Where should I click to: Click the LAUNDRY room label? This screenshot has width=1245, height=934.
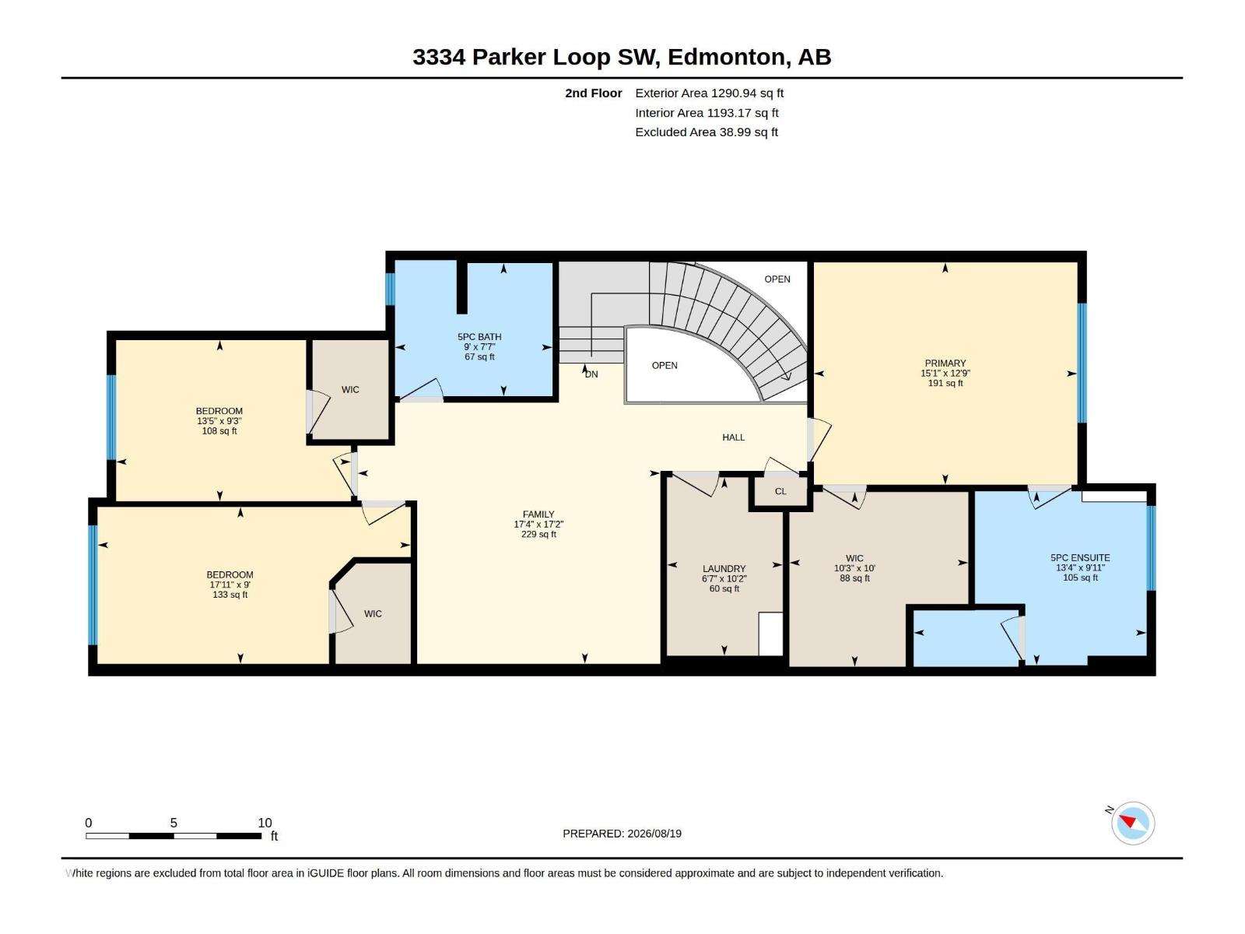click(x=724, y=569)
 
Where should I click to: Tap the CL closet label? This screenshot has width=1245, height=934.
click(x=780, y=491)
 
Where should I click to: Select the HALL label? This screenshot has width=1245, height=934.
click(x=734, y=437)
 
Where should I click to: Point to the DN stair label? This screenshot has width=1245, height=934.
click(x=591, y=374)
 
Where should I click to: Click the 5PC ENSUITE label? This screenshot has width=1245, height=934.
click(x=1080, y=558)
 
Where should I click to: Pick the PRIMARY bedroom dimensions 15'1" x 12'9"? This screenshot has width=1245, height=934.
click(x=945, y=373)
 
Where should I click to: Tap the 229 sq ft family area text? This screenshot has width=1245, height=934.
click(x=538, y=534)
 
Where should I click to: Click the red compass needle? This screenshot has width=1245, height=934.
click(x=1127, y=820)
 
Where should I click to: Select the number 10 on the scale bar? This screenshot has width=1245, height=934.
click(x=265, y=823)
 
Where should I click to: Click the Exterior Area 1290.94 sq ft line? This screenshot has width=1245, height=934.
click(x=709, y=93)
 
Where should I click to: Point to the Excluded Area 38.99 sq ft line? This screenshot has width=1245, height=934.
click(x=707, y=132)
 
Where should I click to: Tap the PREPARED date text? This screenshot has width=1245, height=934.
click(x=622, y=834)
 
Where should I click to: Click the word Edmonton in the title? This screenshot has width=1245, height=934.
click(x=726, y=58)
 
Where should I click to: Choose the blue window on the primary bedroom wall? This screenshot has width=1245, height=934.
click(x=1082, y=363)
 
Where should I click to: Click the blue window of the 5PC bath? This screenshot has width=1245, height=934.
click(x=390, y=290)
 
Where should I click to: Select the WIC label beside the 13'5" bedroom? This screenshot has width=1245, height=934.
click(x=350, y=390)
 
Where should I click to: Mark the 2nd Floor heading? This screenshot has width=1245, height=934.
click(x=593, y=93)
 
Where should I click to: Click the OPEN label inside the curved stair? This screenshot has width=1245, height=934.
click(x=665, y=366)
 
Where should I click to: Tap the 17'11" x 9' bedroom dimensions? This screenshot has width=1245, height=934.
click(x=230, y=585)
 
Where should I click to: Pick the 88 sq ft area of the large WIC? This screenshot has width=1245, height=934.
click(x=854, y=578)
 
